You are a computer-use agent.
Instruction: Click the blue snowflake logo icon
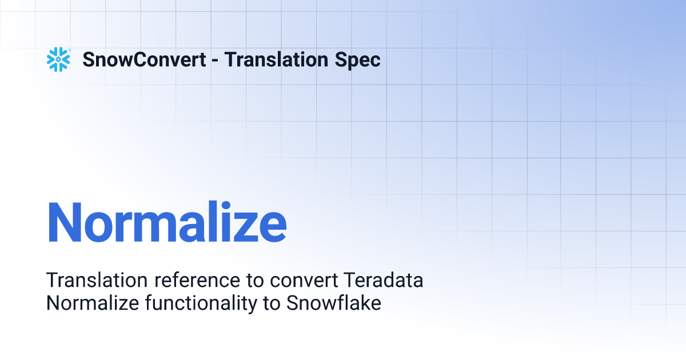coord(58,59)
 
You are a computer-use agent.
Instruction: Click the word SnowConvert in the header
coord(144,59)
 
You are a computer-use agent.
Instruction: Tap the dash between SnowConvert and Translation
coord(215,61)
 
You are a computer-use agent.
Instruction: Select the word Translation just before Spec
coord(276,59)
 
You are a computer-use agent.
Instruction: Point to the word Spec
coord(357,61)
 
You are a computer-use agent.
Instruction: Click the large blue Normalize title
coord(167,222)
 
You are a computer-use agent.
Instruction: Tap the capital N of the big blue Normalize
coord(64,222)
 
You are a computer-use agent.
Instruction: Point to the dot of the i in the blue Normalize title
coord(226,206)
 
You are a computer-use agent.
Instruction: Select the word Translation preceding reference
coord(97,280)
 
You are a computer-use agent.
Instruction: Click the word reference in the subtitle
coord(197,281)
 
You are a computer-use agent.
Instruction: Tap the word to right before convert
coord(255,281)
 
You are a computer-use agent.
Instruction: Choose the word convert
coord(304,281)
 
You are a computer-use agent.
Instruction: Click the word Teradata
coord(384,280)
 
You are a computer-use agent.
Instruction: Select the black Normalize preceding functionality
coord(93,303)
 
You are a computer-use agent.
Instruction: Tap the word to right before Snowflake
coord(272,304)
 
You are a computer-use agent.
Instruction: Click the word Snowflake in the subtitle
coord(334,303)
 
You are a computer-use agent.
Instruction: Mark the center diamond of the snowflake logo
coord(58,59)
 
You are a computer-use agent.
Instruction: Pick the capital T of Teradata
coord(349,280)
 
